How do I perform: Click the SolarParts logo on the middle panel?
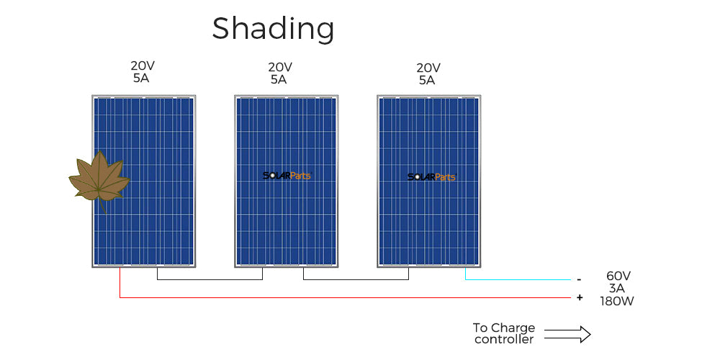(287, 176)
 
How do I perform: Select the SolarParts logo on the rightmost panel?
(431, 177)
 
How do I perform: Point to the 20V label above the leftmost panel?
(143, 66)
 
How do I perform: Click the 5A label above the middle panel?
(279, 79)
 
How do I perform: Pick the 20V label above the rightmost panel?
(428, 68)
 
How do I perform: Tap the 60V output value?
(618, 276)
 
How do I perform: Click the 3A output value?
(617, 289)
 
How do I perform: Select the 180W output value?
(617, 301)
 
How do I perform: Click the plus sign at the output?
(580, 297)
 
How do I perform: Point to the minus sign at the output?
(580, 279)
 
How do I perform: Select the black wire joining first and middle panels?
(210, 279)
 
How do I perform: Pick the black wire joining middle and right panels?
(356, 279)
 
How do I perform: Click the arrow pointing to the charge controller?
(567, 334)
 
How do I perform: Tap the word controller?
(504, 340)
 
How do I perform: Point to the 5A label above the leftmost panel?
(141, 78)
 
